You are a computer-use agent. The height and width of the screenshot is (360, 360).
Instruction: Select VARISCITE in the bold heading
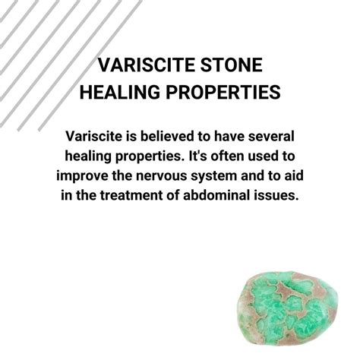point(143,65)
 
